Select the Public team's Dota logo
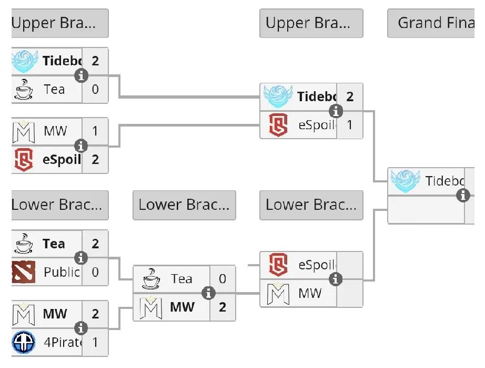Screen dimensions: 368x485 click(23, 272)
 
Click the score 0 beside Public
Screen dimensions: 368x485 click(95, 272)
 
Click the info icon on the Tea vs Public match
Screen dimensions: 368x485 click(81, 258)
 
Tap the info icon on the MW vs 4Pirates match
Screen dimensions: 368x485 click(81, 328)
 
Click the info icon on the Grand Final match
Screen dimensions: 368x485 click(463, 195)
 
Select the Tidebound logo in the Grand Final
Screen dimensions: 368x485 click(405, 181)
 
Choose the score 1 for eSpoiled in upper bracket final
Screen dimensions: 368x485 click(350, 125)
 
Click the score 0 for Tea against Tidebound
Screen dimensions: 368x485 click(95, 89)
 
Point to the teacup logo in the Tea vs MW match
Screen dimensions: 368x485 click(151, 279)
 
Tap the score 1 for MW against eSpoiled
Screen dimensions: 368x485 click(95, 131)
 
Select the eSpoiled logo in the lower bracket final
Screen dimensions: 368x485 click(278, 265)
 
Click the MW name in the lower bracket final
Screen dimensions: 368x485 click(310, 293)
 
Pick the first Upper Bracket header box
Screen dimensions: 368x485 click(60, 23)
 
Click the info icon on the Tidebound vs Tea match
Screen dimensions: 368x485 click(81, 75)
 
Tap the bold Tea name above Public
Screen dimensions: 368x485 click(54, 244)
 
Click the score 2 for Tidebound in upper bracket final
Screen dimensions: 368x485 click(350, 96)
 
